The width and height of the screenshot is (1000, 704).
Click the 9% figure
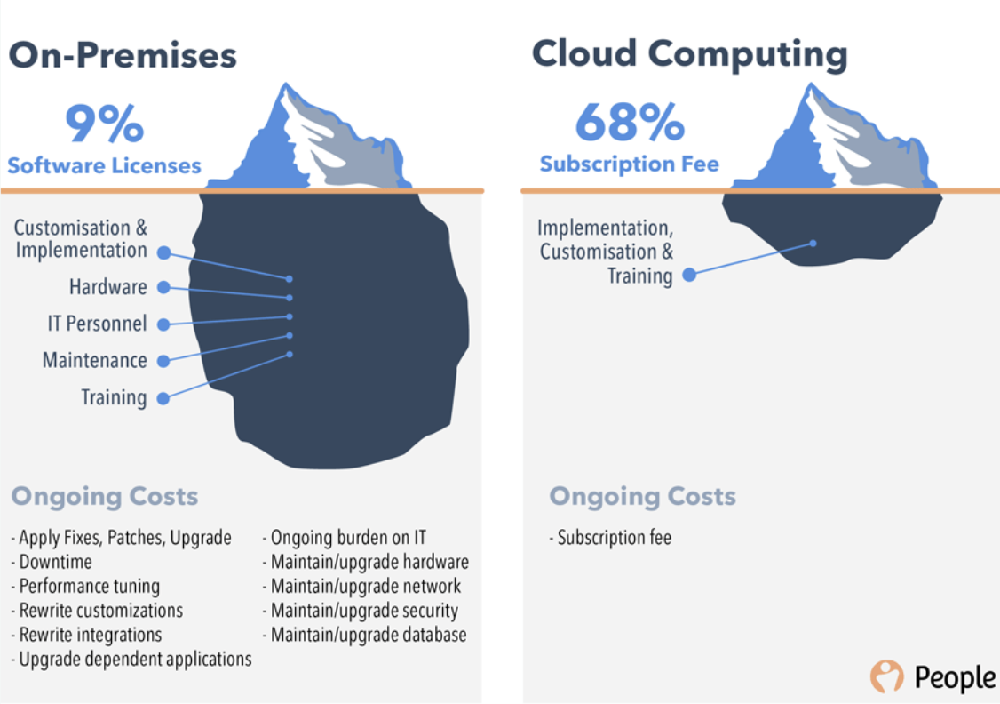(x=104, y=124)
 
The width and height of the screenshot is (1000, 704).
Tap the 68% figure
(x=629, y=122)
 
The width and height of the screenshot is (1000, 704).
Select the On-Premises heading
(x=123, y=55)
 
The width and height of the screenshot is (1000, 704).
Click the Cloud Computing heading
(x=689, y=54)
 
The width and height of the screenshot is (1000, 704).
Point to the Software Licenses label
(x=104, y=165)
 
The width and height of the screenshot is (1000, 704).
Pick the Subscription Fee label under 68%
(x=629, y=164)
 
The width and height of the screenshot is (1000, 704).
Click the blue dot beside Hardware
(x=163, y=287)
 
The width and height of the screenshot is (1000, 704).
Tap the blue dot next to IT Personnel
(x=163, y=324)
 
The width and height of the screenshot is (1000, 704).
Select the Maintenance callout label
(x=94, y=360)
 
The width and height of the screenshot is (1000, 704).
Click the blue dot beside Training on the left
(x=163, y=398)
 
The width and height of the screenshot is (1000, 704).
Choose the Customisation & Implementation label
(x=80, y=239)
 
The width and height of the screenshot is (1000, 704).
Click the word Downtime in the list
(x=55, y=562)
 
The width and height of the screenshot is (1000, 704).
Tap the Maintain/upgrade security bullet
(x=364, y=611)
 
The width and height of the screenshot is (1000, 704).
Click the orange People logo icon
(x=886, y=676)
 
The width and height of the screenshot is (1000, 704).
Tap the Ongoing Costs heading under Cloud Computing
(x=642, y=496)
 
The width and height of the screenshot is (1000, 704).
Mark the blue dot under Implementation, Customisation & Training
(x=689, y=276)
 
